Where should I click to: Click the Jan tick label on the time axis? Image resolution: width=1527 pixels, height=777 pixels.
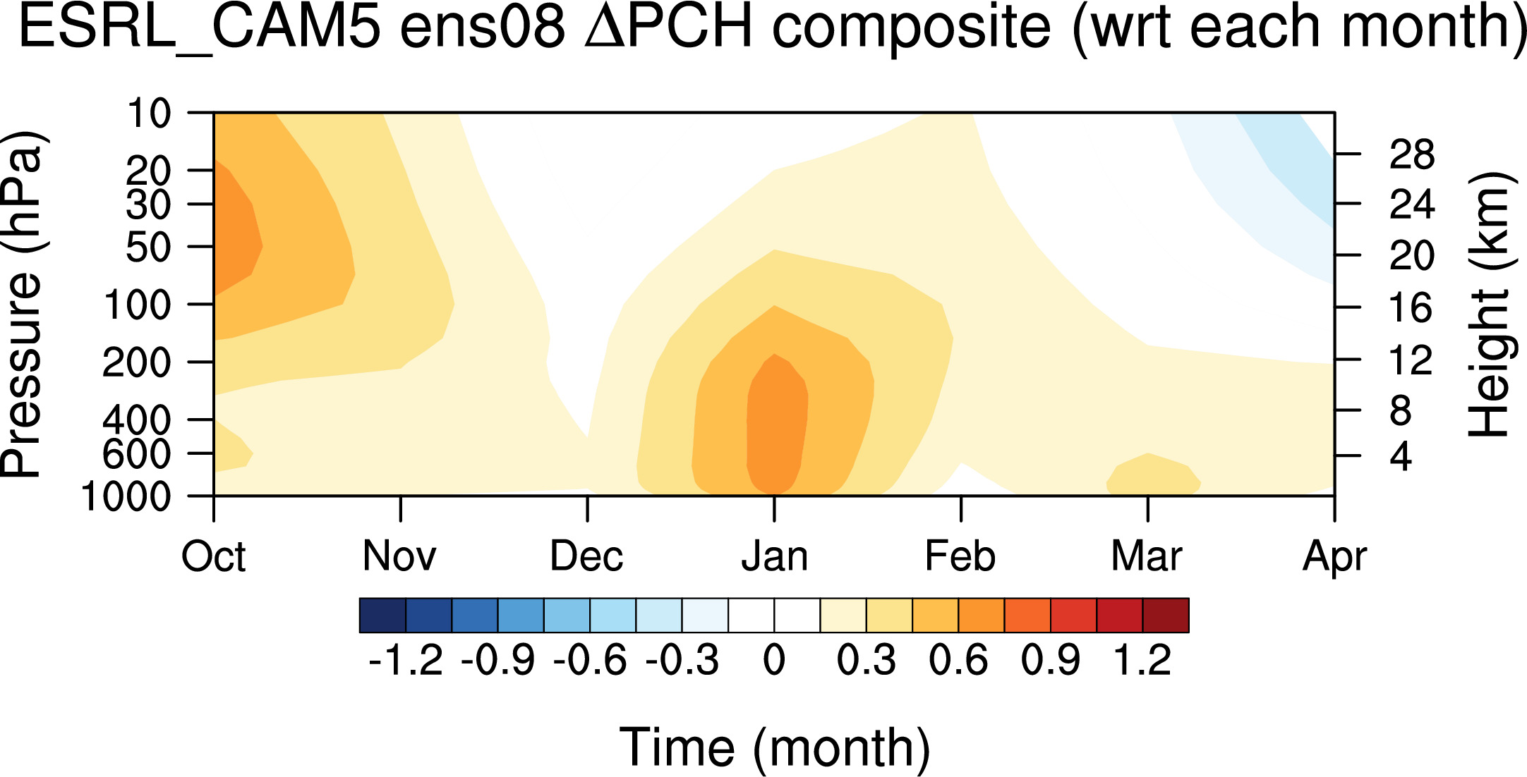click(x=774, y=556)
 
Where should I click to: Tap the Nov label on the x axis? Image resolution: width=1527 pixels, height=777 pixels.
click(x=399, y=556)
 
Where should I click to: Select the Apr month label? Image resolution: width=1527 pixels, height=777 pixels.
click(x=1334, y=558)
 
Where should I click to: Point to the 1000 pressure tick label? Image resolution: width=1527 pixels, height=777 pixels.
click(x=126, y=496)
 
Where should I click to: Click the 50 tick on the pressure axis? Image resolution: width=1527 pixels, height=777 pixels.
click(x=148, y=247)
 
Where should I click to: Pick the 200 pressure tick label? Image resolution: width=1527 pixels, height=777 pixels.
click(x=137, y=362)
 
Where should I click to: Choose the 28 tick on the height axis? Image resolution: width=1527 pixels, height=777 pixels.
click(x=1412, y=154)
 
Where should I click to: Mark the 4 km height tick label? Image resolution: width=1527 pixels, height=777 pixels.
click(x=1401, y=457)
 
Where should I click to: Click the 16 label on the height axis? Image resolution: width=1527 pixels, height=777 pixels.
click(x=1411, y=308)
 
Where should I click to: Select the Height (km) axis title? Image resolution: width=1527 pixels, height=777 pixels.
click(x=1491, y=305)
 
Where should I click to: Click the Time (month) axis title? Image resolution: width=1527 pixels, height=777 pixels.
click(x=775, y=747)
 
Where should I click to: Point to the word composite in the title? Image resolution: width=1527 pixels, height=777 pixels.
click(x=912, y=28)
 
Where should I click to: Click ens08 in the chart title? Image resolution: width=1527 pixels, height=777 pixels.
click(x=483, y=28)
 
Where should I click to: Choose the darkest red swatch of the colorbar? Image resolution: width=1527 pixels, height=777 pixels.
click(x=1166, y=616)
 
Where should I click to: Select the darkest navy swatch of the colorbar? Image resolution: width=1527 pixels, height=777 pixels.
click(x=383, y=616)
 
